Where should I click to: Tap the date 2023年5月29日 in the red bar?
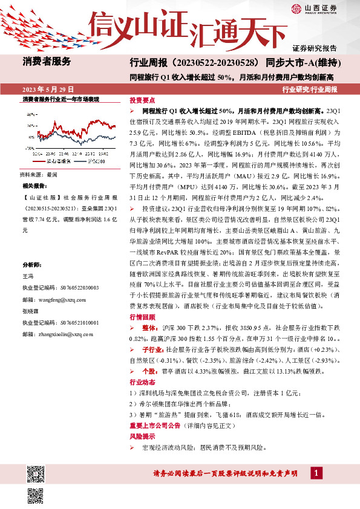tap(47, 88)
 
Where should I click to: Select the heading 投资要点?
tap(143, 102)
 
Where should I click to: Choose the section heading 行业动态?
tap(143, 383)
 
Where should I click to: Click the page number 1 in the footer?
tap(317, 472)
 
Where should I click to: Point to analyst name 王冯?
tap(28, 275)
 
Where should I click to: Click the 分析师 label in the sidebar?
tap(31, 264)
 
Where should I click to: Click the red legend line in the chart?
tap(38, 161)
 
